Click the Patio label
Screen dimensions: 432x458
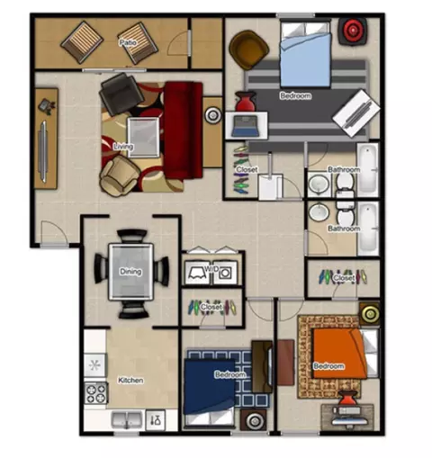(128, 42)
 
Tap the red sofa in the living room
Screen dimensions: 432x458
(183, 131)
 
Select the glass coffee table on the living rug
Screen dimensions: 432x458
(143, 138)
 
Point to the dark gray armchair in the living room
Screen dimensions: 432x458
(121, 94)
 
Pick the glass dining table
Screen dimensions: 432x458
(130, 272)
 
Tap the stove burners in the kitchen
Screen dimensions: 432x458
(96, 393)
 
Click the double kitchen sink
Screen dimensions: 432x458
(127, 420)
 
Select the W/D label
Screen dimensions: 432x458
(211, 269)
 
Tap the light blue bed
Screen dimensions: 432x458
(305, 55)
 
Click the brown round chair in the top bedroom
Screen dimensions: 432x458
(248, 49)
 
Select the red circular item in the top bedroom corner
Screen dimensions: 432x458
(353, 31)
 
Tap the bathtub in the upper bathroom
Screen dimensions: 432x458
(368, 169)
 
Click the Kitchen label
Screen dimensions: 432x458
(130, 381)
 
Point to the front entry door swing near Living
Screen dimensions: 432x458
(53, 232)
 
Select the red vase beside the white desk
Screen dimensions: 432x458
(245, 101)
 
